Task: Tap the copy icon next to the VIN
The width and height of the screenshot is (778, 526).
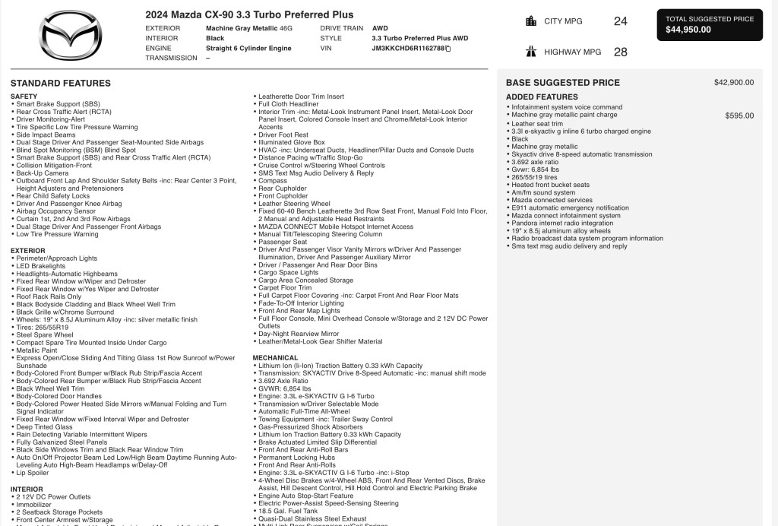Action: (x=448, y=48)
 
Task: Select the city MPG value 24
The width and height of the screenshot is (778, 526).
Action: (x=620, y=21)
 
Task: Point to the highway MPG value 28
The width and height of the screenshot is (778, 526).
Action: (x=620, y=52)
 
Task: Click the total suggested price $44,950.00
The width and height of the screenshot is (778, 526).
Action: (x=688, y=30)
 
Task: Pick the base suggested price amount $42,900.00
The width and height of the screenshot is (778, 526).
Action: (x=734, y=83)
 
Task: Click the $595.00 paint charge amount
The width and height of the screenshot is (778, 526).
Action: (x=739, y=116)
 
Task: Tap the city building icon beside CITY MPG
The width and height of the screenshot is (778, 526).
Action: (x=531, y=21)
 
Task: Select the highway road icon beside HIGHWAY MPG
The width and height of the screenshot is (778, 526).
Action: (x=531, y=52)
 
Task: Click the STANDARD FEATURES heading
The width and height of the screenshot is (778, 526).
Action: (x=61, y=83)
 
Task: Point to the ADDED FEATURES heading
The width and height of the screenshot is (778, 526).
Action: (x=542, y=97)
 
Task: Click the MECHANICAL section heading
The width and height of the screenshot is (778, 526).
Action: (x=276, y=357)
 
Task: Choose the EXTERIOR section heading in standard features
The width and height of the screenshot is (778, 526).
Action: (x=27, y=250)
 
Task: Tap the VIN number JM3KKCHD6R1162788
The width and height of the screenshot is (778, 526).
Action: (x=407, y=48)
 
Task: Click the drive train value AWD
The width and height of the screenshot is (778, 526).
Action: (x=380, y=28)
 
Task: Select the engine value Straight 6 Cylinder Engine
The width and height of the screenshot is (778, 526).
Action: (x=248, y=48)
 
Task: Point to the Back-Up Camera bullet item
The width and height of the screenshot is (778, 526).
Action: (x=43, y=173)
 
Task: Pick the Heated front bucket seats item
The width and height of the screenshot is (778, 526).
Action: (x=550, y=185)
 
